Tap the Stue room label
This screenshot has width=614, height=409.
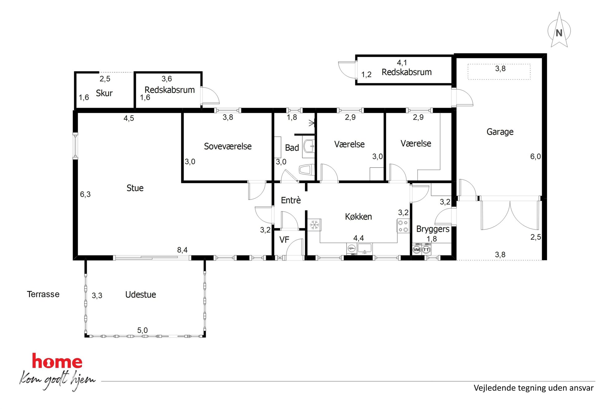pos(135,188)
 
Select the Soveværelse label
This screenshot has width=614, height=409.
pos(228,146)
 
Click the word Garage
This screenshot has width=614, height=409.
pos(500,132)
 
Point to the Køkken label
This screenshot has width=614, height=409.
pos(358,216)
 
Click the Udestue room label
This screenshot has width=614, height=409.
pos(141,294)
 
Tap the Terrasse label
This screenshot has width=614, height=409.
pos(43,294)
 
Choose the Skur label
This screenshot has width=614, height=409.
pos(104,93)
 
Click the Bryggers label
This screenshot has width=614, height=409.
pos(433,229)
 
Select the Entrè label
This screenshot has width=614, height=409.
pos(291,200)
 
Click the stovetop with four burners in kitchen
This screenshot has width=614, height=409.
pos(403,226)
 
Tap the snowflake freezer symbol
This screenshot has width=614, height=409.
pos(314,225)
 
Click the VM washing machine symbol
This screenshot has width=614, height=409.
pos(417,249)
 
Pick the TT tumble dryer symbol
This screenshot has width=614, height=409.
pos(426,249)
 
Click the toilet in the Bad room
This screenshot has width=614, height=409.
pos(307,170)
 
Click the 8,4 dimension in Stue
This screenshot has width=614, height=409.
pos(182,250)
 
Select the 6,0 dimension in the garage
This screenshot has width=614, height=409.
pos(535,156)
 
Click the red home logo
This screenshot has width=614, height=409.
pos(57,361)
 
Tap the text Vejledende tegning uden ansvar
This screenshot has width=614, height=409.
pos(534,388)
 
